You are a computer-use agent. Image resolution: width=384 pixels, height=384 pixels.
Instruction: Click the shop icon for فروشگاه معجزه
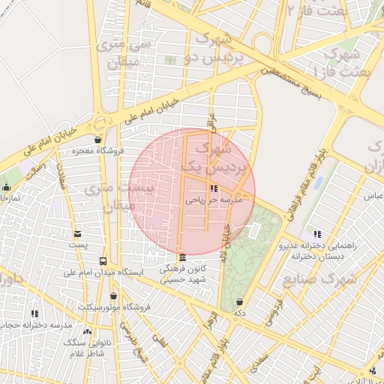(x=97, y=139)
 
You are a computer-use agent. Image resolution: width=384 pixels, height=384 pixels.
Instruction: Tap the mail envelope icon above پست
(x=76, y=234)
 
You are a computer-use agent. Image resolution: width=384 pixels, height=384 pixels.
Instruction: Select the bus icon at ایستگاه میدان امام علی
(x=103, y=260)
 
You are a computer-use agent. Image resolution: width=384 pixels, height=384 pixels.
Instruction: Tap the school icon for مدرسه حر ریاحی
(x=214, y=189)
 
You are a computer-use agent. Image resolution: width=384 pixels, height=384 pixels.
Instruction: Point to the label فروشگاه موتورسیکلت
(x=115, y=307)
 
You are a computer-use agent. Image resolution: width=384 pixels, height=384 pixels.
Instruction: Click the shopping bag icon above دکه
(x=240, y=302)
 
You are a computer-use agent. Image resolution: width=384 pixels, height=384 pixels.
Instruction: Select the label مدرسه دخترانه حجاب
(x=35, y=325)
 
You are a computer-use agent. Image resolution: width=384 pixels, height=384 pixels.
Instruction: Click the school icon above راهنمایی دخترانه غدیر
(x=316, y=234)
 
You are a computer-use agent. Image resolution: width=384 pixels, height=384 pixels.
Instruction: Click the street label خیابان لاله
(x=225, y=244)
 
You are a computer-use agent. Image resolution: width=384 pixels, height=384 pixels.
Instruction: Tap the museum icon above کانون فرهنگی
(x=182, y=257)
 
